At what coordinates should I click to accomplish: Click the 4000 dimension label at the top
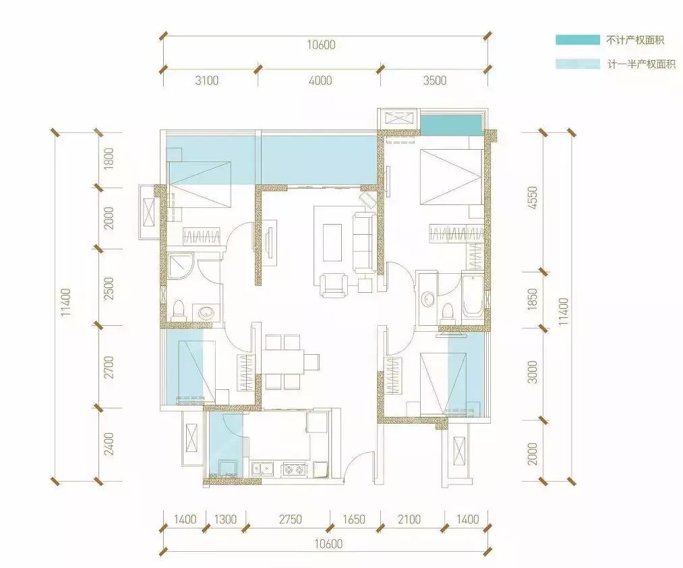[x=320, y=81]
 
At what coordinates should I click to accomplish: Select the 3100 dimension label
[x=207, y=81]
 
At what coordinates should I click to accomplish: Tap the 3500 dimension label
[x=435, y=81]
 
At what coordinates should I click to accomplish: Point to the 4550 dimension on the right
[x=532, y=198]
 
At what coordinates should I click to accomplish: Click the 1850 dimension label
[x=532, y=300]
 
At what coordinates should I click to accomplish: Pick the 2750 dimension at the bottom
[x=290, y=519]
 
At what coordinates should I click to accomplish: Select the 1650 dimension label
[x=353, y=519]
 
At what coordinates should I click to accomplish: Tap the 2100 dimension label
[x=409, y=519]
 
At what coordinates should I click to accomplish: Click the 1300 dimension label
[x=225, y=519]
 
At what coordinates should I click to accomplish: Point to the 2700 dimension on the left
[x=109, y=366]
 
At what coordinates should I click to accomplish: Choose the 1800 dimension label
[x=109, y=159]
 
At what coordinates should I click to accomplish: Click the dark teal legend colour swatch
[x=578, y=40]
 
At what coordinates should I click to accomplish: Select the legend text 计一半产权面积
[x=642, y=65]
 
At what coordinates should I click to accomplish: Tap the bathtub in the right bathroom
[x=473, y=296]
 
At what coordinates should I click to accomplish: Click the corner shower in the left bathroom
[x=180, y=265]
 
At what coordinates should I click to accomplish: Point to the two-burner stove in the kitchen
[x=293, y=469]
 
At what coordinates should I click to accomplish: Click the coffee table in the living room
[x=332, y=243]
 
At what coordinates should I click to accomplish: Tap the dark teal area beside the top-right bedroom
[x=451, y=124]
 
